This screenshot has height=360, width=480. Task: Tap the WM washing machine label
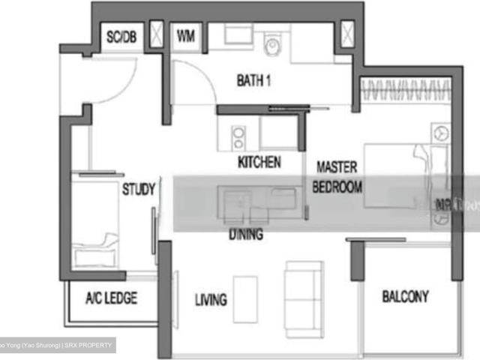[x=184, y=35]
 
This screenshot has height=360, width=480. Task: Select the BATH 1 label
[x=253, y=80]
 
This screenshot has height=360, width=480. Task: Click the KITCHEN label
[x=259, y=162]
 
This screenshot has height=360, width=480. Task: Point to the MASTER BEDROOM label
[x=337, y=177]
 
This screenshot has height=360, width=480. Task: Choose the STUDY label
[x=139, y=190]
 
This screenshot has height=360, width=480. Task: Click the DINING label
[x=246, y=235]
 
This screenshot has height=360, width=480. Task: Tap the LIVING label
[x=211, y=301]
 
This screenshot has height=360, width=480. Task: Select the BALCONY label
[x=405, y=296]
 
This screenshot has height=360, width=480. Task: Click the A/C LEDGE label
[x=111, y=298]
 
